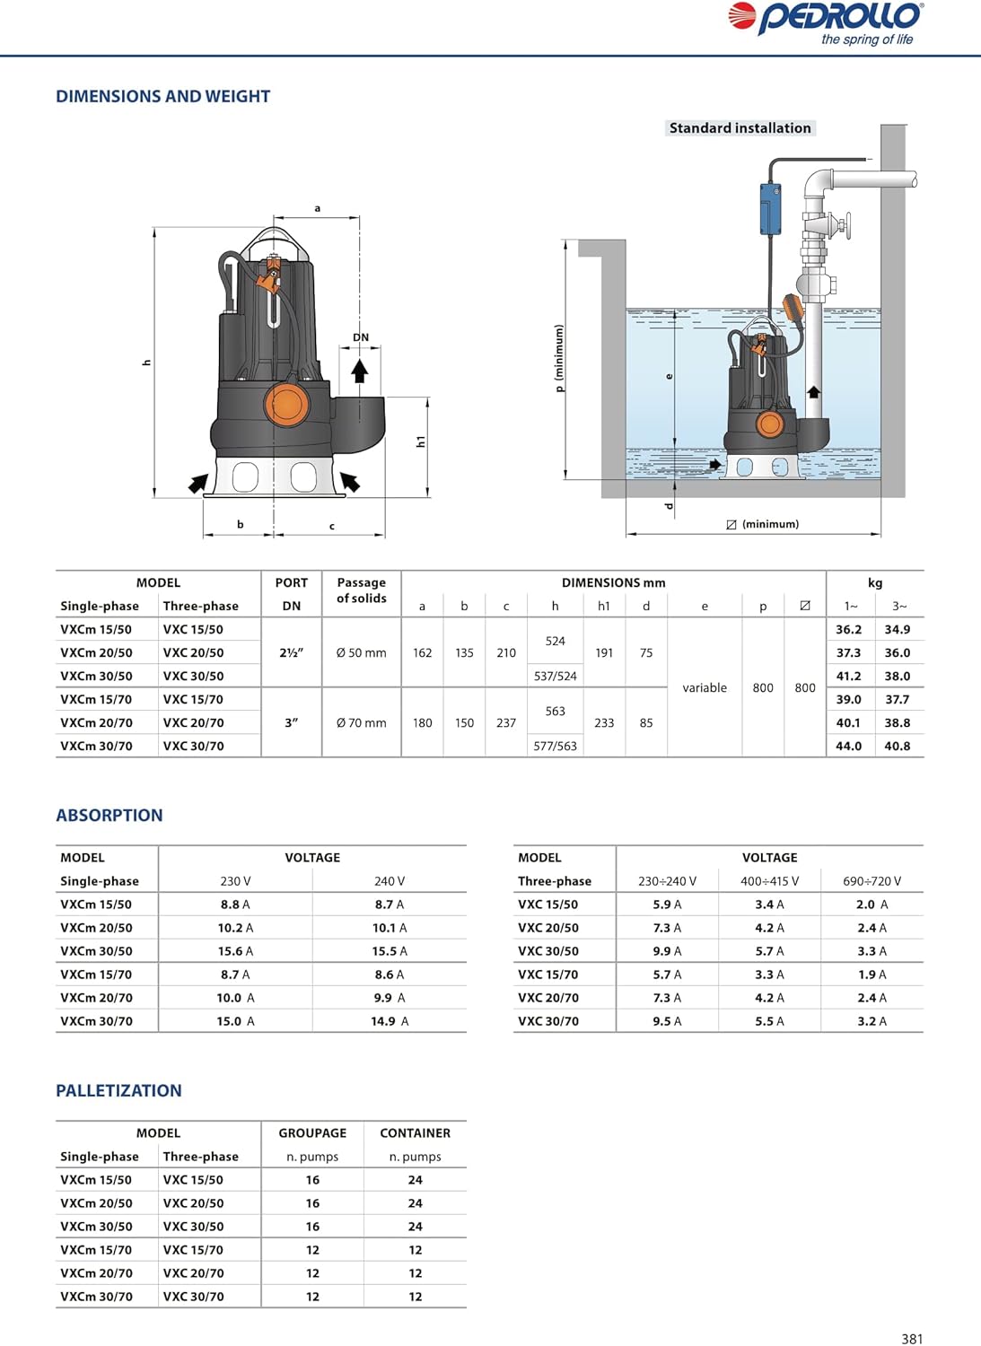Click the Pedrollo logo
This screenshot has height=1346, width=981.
click(x=826, y=22)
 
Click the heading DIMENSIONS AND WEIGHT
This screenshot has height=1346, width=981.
click(x=162, y=96)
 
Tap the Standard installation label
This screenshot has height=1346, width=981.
click(x=740, y=128)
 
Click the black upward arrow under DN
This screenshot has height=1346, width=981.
click(x=359, y=371)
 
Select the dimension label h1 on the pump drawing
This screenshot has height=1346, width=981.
click(x=421, y=441)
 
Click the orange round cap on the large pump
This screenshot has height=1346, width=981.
click(x=286, y=405)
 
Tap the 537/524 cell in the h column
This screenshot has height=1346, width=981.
click(x=555, y=676)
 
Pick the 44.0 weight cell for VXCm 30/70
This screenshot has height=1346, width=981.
click(x=848, y=746)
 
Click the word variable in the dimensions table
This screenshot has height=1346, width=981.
click(x=705, y=687)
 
